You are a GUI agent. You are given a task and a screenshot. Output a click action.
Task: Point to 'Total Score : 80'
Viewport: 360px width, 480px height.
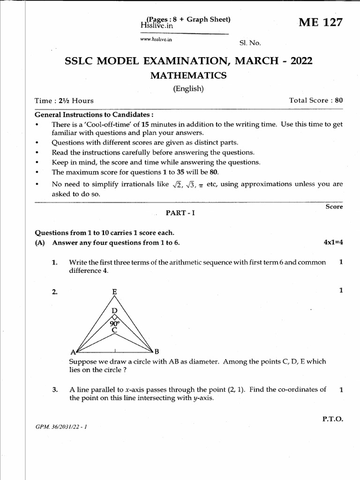[316, 100]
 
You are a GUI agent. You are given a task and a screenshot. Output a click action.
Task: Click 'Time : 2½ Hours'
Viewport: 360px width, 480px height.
[64, 100]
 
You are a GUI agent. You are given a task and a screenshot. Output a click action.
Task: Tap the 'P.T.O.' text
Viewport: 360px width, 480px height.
[333, 420]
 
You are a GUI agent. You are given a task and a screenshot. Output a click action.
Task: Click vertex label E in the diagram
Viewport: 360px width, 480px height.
[114, 292]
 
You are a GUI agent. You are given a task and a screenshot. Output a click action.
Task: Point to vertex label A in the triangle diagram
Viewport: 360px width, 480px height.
[73, 352]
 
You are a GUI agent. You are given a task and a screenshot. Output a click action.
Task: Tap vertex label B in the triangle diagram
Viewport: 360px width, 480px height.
[157, 351]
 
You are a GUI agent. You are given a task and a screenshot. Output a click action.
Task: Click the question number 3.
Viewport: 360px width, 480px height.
[55, 390]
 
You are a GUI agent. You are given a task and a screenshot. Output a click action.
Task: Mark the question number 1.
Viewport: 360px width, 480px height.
[55, 262]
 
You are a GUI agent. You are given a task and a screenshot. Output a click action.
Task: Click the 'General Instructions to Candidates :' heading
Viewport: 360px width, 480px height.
[94, 115]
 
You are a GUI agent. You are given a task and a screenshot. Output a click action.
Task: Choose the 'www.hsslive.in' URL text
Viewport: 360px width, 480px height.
[157, 40]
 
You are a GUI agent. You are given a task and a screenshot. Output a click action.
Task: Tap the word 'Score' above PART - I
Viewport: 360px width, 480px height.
[334, 207]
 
